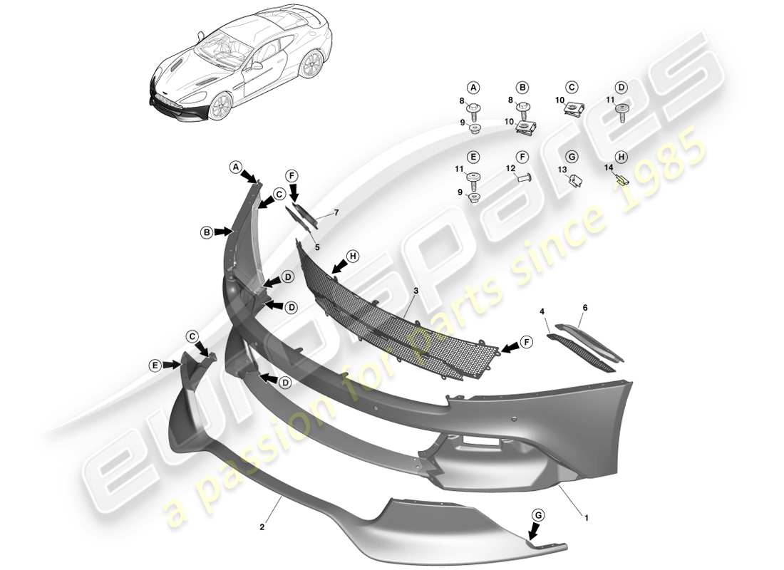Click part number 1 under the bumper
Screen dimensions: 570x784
click(587, 519)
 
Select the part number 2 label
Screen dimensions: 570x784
click(262, 527)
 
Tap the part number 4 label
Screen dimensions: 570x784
click(542, 311)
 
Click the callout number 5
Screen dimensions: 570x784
click(318, 247)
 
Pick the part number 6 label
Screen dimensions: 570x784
click(585, 307)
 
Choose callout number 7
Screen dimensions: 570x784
click(336, 213)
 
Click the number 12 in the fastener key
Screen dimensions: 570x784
click(510, 168)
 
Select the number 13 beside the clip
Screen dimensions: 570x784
click(562, 170)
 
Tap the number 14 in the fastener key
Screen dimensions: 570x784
click(609, 168)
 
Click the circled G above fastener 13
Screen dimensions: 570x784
click(571, 156)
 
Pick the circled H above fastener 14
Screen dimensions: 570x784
click(621, 156)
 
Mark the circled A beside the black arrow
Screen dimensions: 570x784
click(235, 167)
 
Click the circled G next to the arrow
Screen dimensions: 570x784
click(539, 514)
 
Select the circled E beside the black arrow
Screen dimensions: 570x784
click(155, 365)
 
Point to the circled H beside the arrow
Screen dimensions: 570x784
click(351, 255)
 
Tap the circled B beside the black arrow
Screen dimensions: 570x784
click(206, 232)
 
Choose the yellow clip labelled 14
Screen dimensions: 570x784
click(621, 180)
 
